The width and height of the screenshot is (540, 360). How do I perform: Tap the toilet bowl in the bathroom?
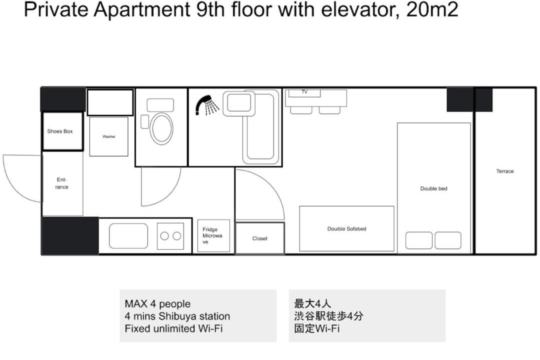click(x=162, y=129)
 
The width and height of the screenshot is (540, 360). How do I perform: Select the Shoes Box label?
click(x=60, y=131)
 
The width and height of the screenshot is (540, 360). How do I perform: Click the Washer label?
click(x=109, y=136)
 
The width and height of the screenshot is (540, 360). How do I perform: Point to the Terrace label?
click(x=505, y=171)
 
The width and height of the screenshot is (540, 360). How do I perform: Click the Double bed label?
click(x=433, y=188)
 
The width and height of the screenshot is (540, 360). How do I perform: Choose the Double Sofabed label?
click(x=346, y=228)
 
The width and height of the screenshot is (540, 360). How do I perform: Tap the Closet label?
click(x=259, y=238)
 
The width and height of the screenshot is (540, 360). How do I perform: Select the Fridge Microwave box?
click(x=213, y=235)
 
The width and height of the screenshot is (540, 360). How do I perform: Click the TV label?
click(x=304, y=92)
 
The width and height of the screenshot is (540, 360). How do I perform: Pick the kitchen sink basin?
click(x=128, y=236)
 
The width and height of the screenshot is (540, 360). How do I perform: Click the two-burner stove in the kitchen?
click(x=170, y=236)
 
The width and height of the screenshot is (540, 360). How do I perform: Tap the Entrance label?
click(x=61, y=183)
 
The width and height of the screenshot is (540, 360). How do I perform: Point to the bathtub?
click(x=260, y=127)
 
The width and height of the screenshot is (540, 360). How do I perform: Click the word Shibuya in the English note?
click(x=177, y=316)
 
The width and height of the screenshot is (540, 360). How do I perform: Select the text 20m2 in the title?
click(x=432, y=9)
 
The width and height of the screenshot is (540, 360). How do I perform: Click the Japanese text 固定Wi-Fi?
click(x=317, y=328)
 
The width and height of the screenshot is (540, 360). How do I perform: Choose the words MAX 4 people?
click(x=157, y=304)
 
